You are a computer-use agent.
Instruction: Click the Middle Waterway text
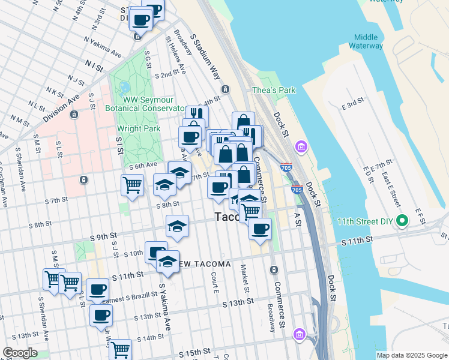click(369, 41)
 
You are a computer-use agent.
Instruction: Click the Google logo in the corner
click(20, 353)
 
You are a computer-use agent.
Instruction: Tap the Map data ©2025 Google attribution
click(412, 355)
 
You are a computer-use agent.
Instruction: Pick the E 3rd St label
click(354, 104)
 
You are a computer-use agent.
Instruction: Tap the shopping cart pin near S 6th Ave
click(132, 185)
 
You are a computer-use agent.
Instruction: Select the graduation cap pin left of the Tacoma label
click(176, 226)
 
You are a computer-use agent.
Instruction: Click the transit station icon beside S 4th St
click(225, 89)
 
